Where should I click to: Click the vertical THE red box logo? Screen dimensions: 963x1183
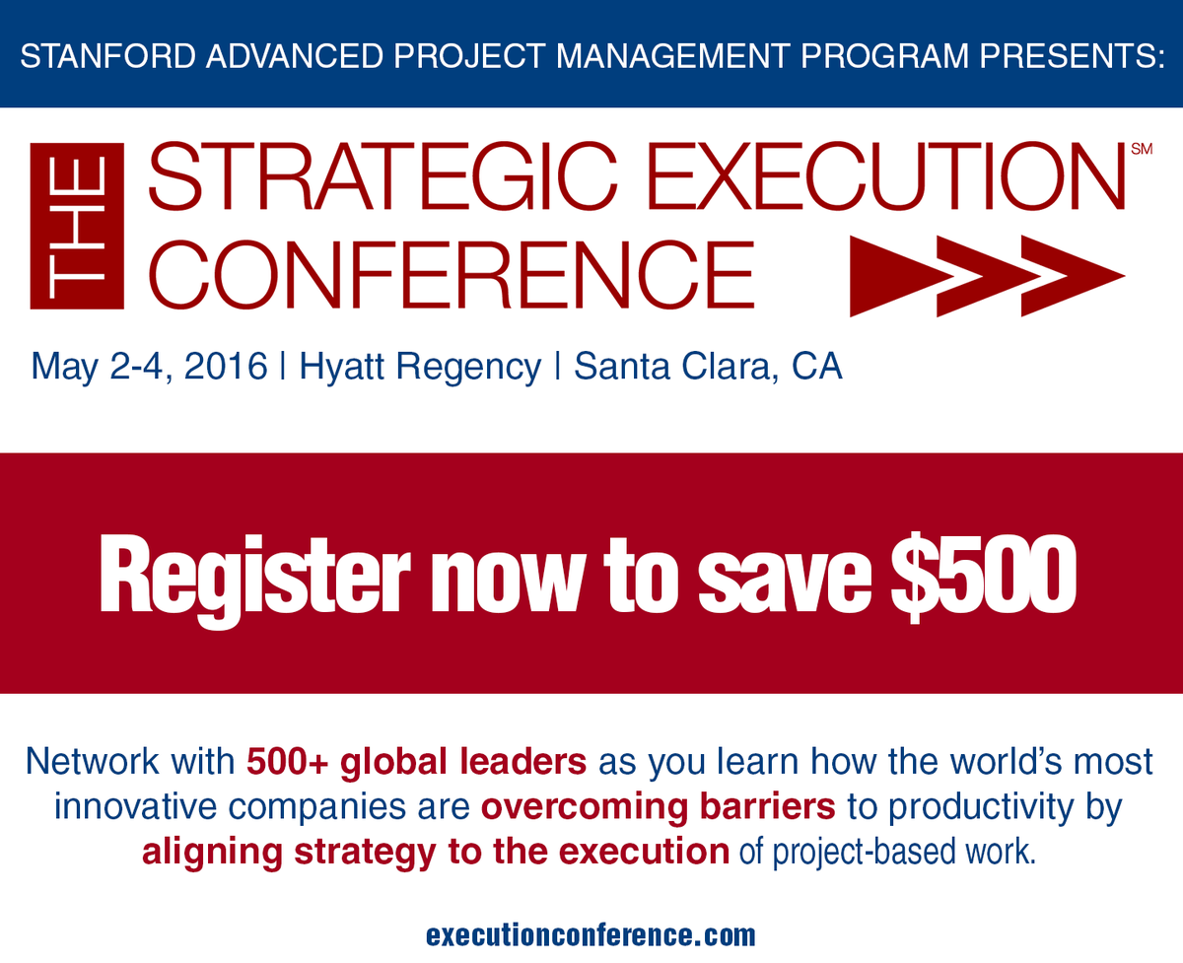(x=78, y=226)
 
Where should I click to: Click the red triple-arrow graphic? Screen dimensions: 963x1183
(x=986, y=276)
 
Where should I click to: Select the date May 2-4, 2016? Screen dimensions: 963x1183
(x=149, y=367)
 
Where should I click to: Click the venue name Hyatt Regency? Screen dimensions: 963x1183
(x=420, y=367)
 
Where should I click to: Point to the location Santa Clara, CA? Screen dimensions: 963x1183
(x=708, y=367)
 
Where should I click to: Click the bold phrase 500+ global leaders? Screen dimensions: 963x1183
(x=417, y=762)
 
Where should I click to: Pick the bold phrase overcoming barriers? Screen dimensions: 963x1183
(x=659, y=807)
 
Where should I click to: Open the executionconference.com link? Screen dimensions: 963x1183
(x=591, y=933)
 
